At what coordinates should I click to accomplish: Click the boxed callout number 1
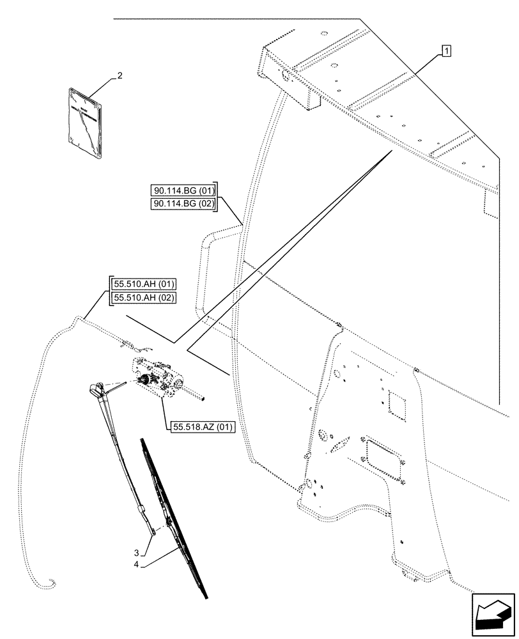pos(446,50)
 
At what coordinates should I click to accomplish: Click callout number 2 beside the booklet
pos(120,76)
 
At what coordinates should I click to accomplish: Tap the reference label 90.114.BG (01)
pos(185,190)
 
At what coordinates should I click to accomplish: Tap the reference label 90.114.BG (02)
pos(185,203)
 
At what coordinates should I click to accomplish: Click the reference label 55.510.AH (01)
pos(144,284)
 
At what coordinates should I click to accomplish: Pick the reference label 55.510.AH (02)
pos(144,297)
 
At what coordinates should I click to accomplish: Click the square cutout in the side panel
pos(396,406)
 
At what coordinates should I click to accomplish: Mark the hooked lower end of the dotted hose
pos(47,583)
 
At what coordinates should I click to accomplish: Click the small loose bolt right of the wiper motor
pos(203,399)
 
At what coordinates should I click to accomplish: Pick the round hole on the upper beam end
pos(285,77)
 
